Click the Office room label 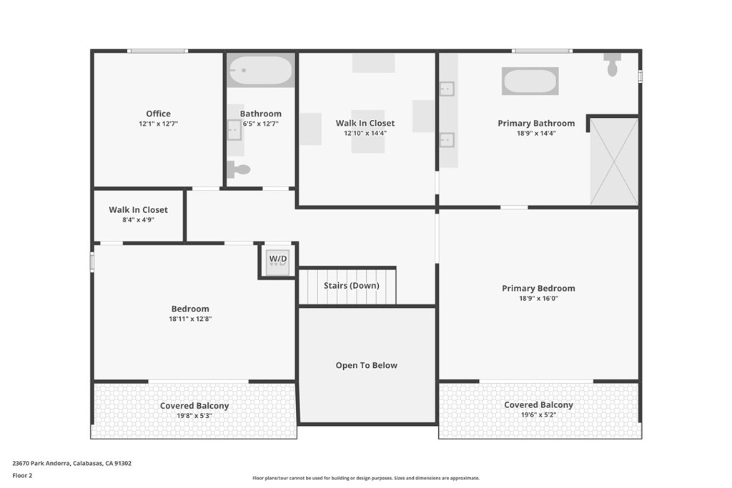[158, 114]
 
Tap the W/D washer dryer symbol [278, 259]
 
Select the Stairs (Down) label [351, 285]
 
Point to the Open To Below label [366, 365]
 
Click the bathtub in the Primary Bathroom [530, 81]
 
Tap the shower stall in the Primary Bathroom [614, 161]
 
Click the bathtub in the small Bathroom [260, 71]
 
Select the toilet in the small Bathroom [239, 170]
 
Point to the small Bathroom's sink [234, 130]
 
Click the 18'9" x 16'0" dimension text [538, 299]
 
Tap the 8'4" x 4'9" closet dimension [138, 220]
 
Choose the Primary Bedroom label [538, 289]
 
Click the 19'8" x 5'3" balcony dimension [194, 416]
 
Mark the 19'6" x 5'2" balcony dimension [538, 414]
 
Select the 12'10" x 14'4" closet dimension [365, 133]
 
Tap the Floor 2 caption [23, 474]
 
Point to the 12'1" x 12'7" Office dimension [158, 124]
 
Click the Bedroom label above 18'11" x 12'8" [190, 309]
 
